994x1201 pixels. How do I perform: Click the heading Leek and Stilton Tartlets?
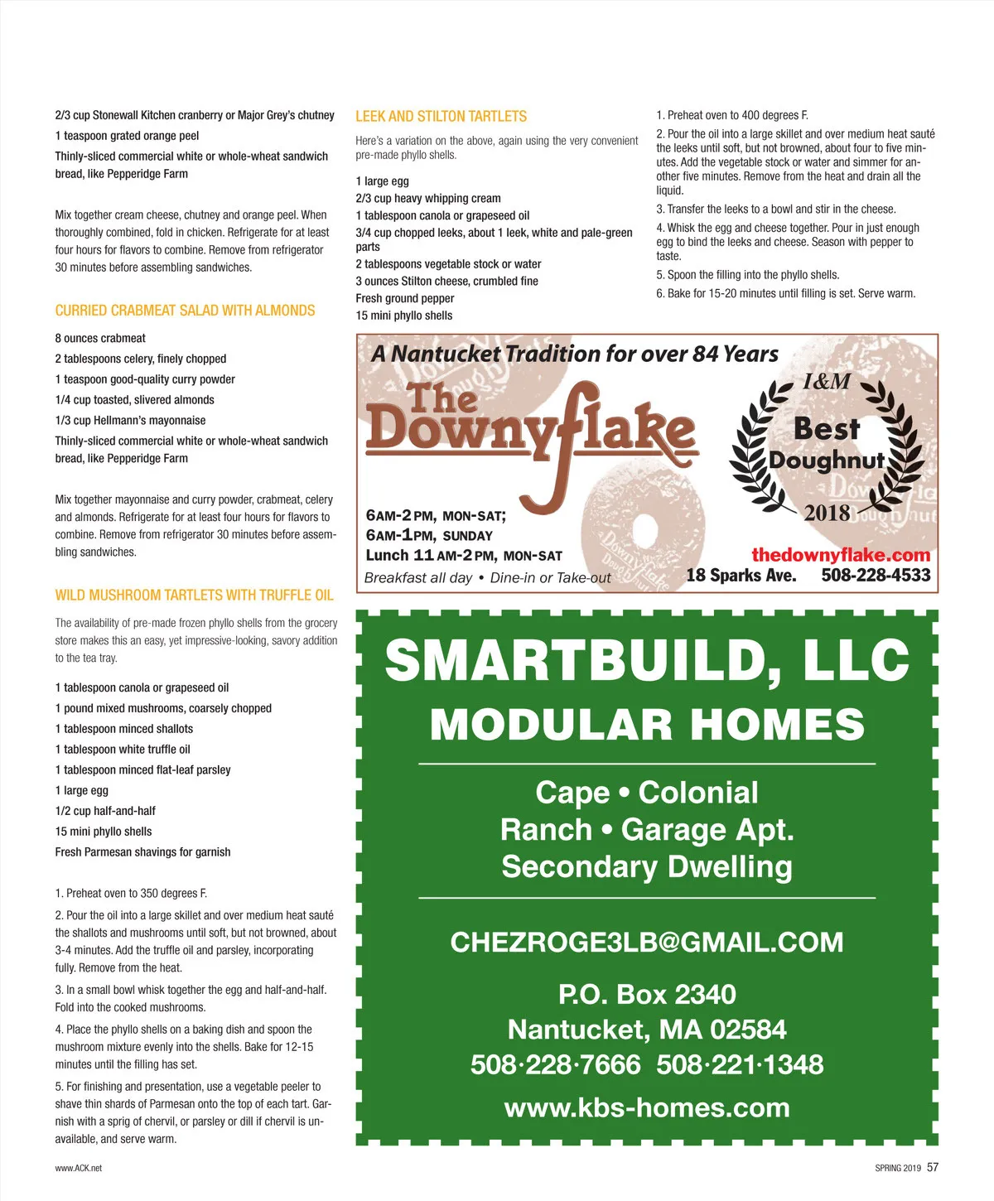(441, 117)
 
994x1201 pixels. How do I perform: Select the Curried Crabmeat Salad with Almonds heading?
(185, 311)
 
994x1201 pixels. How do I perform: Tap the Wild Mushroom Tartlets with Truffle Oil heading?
(194, 595)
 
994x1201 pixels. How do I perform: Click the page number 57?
(933, 1167)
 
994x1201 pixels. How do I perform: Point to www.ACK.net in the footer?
(79, 1168)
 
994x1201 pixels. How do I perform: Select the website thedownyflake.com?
(840, 555)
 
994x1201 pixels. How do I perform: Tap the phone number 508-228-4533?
(876, 575)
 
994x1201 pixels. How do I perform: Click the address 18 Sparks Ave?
(741, 575)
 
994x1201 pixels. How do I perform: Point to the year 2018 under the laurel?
(827, 513)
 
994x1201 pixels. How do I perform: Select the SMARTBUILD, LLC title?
(647, 660)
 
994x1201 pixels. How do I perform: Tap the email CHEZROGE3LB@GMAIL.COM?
(647, 942)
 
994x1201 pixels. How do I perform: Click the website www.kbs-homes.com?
(647, 1107)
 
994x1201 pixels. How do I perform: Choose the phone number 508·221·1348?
(740, 1064)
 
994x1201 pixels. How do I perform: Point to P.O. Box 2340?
(647, 994)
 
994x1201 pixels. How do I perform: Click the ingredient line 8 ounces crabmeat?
(100, 338)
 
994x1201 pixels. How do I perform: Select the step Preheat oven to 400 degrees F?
(732, 116)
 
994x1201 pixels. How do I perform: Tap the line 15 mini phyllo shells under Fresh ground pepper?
(404, 316)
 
